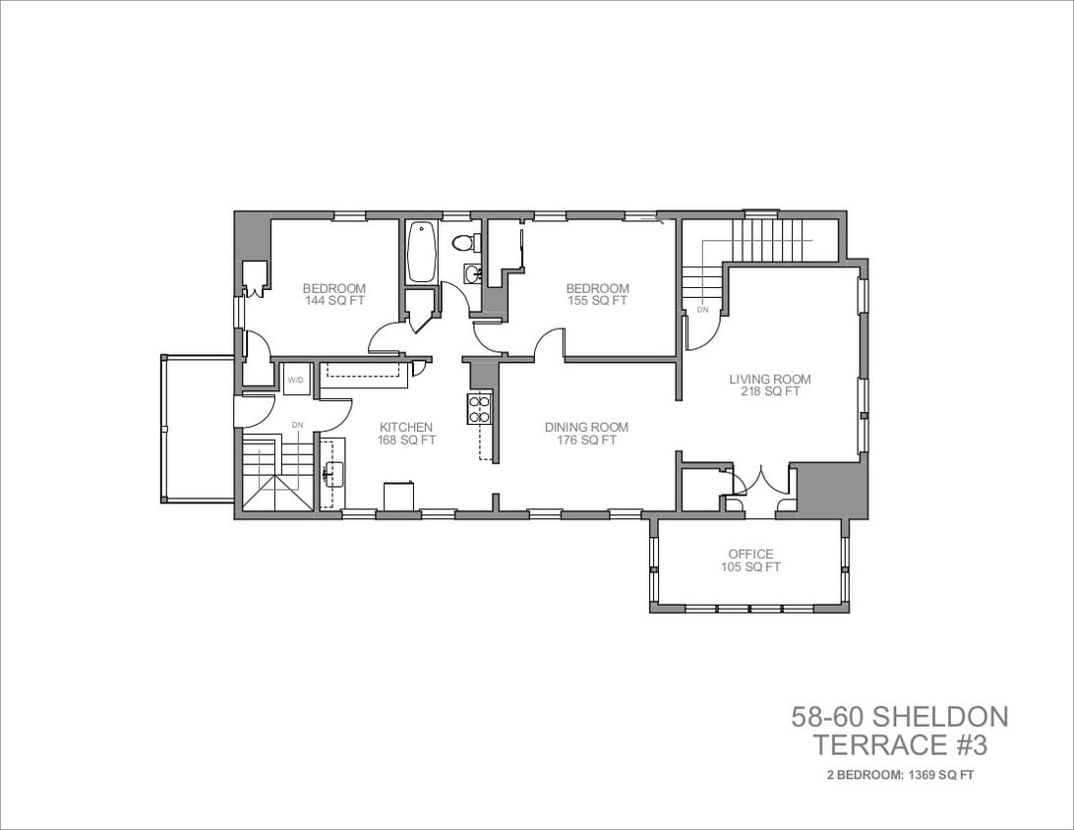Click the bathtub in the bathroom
tap(422, 251)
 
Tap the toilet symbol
tap(463, 242)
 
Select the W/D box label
tap(296, 379)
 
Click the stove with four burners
tap(479, 407)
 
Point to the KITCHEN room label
tap(406, 427)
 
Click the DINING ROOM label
tap(586, 427)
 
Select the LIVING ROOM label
tap(770, 379)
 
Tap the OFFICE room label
tap(750, 554)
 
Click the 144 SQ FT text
tap(334, 301)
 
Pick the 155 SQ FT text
tap(597, 301)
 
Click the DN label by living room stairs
tap(702, 310)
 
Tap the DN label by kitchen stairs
tap(297, 425)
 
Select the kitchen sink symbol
tap(331, 474)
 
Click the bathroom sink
tap(471, 274)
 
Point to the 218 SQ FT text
tap(770, 391)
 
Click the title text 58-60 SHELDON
tap(899, 716)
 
